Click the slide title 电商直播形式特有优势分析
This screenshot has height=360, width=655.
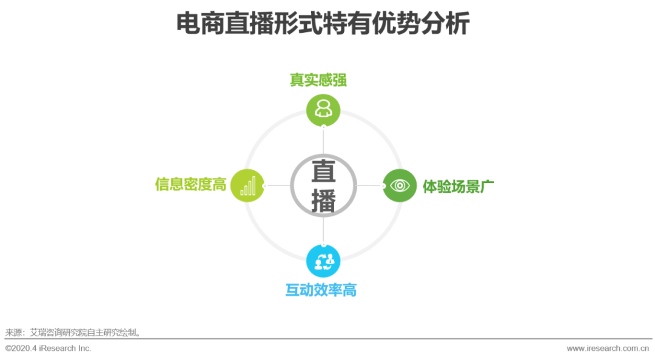[x=323, y=25]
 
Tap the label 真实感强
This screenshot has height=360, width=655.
[x=318, y=81]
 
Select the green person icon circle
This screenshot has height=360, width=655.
[x=323, y=110]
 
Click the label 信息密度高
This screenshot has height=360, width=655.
[x=190, y=184]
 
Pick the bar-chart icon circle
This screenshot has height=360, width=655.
[x=248, y=185]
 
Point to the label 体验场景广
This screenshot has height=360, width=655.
[x=458, y=186]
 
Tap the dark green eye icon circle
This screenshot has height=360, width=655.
[x=400, y=185]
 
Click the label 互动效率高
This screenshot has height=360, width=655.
[x=321, y=290]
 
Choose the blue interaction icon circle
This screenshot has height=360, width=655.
[x=323, y=261]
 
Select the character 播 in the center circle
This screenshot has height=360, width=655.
[x=323, y=201]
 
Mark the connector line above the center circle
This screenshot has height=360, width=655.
[x=323, y=141]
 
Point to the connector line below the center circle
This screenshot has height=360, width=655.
[x=323, y=230]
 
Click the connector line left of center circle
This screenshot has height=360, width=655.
[x=278, y=185]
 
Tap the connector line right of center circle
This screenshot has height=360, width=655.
[x=369, y=185]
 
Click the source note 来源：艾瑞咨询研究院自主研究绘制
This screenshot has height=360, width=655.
[x=73, y=332]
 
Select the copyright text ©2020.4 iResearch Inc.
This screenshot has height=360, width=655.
[x=48, y=348]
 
